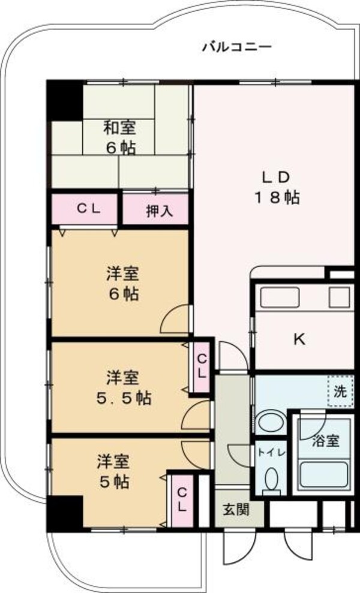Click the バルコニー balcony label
237,46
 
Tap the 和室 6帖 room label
120,137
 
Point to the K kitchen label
299,340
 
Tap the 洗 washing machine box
340,393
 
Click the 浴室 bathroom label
326,441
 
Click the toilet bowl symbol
271,480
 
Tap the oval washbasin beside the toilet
271,423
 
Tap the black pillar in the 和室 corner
65,99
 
